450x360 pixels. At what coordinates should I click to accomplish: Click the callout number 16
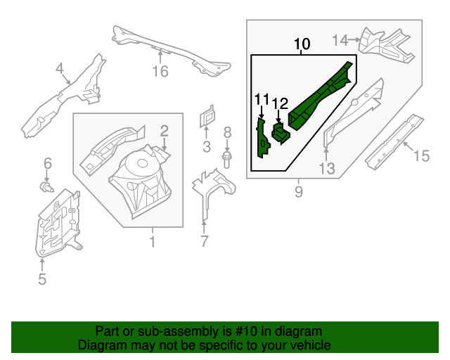(161, 71)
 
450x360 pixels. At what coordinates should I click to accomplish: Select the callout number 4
(60, 68)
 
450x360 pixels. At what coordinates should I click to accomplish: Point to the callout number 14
(340, 40)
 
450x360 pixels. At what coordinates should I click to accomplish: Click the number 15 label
(420, 156)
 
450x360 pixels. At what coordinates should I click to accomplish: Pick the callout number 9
(299, 191)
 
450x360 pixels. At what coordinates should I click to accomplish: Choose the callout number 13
(326, 168)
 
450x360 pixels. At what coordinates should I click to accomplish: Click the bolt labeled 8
(227, 160)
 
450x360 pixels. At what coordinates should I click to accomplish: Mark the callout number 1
(152, 243)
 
